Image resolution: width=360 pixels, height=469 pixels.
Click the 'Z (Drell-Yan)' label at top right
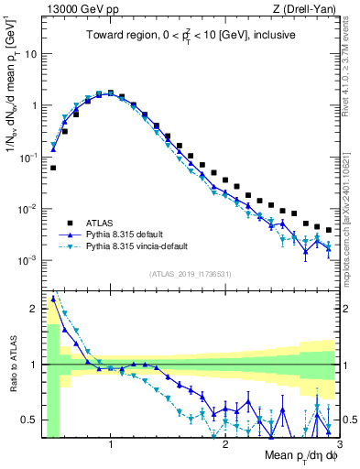tap(307, 9)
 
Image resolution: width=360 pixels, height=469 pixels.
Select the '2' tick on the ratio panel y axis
tap(34, 308)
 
